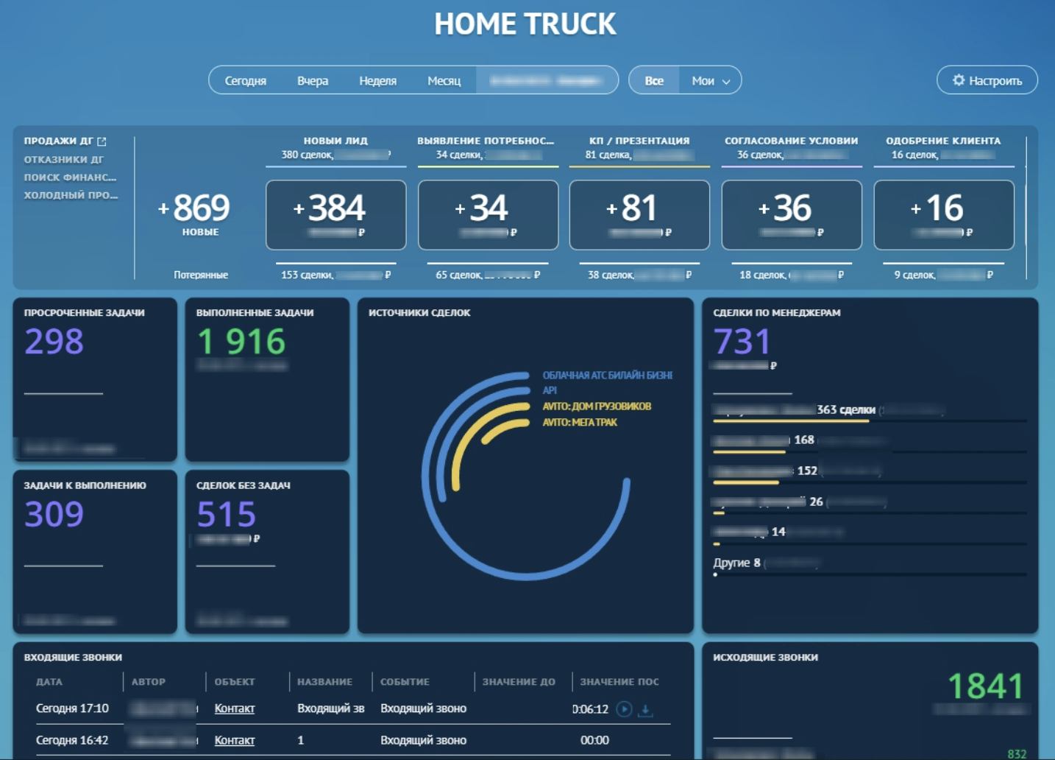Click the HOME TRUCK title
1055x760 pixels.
click(x=525, y=24)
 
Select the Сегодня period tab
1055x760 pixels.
click(x=245, y=81)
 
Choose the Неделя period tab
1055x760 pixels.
click(x=377, y=81)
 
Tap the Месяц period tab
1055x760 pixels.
click(x=444, y=81)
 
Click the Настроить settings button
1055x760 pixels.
click(x=987, y=80)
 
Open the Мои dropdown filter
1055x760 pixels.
click(x=710, y=81)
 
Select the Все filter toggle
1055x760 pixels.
click(x=654, y=81)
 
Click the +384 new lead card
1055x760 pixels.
click(x=335, y=214)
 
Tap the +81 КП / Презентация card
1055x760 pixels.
click(x=639, y=214)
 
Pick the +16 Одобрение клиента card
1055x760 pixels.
click(x=943, y=214)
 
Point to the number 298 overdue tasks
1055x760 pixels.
click(x=54, y=342)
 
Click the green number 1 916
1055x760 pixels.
click(x=241, y=342)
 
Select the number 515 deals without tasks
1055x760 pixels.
click(x=226, y=514)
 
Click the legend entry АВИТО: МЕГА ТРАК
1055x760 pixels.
click(x=580, y=423)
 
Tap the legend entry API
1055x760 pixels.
click(x=550, y=390)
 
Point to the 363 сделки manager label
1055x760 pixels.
click(x=846, y=409)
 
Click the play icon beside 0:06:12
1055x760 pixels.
click(x=624, y=709)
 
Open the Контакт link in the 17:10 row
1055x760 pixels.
click(x=234, y=708)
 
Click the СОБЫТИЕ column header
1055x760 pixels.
click(x=405, y=682)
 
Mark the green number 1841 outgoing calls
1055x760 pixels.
click(x=985, y=686)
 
